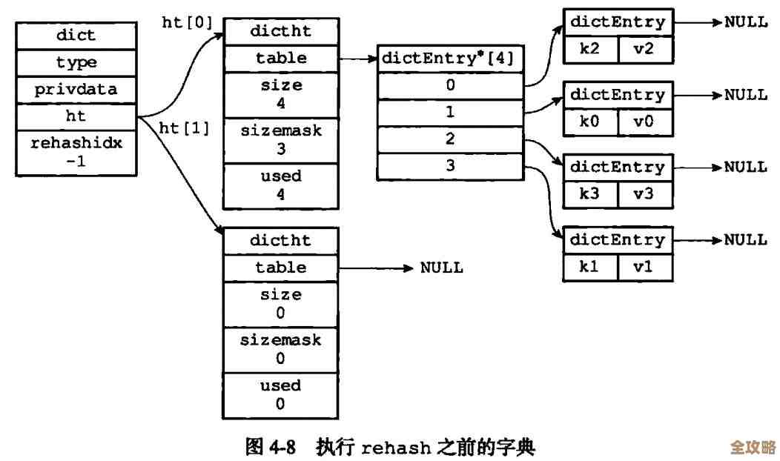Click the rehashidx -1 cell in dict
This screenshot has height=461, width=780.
click(x=76, y=152)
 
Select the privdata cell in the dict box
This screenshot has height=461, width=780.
click(x=76, y=90)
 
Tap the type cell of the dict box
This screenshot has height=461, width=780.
click(x=76, y=62)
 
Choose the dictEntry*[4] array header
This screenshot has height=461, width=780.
click(x=450, y=59)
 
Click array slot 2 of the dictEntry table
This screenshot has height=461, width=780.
click(x=450, y=139)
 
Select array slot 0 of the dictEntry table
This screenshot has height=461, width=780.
click(x=450, y=85)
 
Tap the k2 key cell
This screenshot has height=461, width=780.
click(x=590, y=50)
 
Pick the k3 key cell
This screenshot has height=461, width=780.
click(x=590, y=194)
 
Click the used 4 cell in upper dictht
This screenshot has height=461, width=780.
click(x=281, y=185)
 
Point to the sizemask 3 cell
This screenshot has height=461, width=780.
click(x=281, y=139)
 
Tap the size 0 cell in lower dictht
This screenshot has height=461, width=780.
click(x=281, y=304)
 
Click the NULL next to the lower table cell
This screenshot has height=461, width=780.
click(x=442, y=268)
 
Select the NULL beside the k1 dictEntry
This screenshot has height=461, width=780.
click(x=745, y=239)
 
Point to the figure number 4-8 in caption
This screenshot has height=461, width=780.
click(x=282, y=447)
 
